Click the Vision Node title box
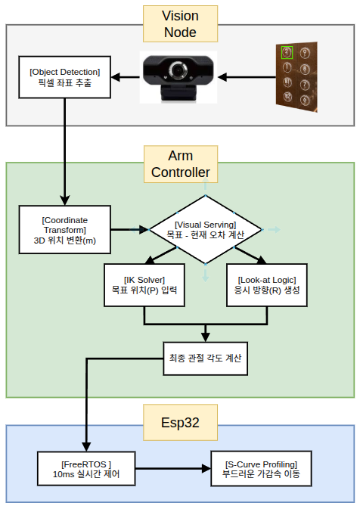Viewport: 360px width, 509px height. click(180, 24)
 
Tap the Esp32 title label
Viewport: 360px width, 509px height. click(180, 422)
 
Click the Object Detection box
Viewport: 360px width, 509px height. click(64, 78)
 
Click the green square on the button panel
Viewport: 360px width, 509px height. click(287, 53)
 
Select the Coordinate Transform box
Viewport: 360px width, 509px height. click(64, 228)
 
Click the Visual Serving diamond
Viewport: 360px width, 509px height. click(206, 229)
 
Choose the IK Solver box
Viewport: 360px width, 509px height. click(143, 284)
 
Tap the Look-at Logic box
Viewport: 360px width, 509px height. click(267, 284)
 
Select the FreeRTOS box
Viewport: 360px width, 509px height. click(86, 469)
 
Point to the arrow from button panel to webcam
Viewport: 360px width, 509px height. click(247, 77)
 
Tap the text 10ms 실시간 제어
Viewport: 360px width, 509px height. click(86, 475)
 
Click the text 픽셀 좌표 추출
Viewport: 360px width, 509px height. click(64, 83)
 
